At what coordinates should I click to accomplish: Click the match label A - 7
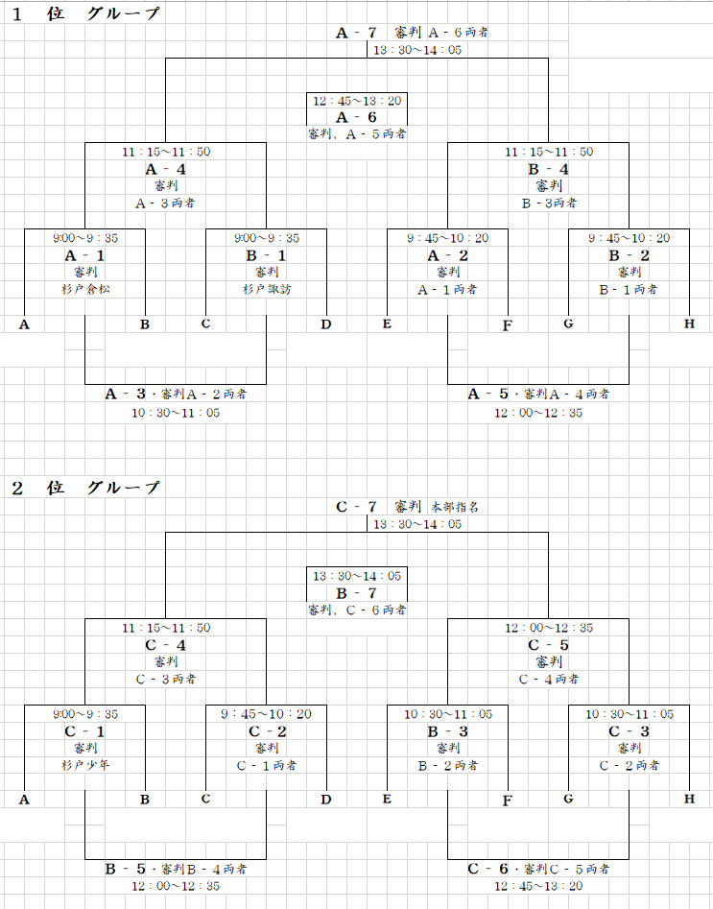[x=357, y=33]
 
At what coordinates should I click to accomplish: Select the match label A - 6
[x=357, y=117]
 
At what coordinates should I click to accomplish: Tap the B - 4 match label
[x=548, y=169]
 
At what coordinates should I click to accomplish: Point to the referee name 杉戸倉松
[x=85, y=289]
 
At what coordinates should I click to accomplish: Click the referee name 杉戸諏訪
[x=267, y=289]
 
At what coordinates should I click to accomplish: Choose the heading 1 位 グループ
[x=85, y=13]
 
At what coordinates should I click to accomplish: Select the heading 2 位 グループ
[x=85, y=489]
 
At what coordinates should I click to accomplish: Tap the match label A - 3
[x=125, y=395]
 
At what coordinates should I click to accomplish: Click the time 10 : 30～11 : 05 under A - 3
[x=176, y=413]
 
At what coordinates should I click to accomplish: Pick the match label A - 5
[x=488, y=395]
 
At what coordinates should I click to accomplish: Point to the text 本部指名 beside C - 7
[x=455, y=507]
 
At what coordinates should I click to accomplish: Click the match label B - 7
[x=357, y=593]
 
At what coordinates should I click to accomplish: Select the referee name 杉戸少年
[x=85, y=765]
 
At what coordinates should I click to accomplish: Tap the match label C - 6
[x=488, y=869]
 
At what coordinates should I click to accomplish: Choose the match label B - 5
[x=125, y=869]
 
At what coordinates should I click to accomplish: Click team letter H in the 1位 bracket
[x=689, y=323]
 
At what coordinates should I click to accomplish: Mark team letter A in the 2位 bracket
[x=24, y=800]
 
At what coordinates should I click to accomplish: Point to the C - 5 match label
[x=548, y=645]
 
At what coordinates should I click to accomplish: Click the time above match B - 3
[x=448, y=714]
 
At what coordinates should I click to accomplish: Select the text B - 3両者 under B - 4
[x=549, y=203]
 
